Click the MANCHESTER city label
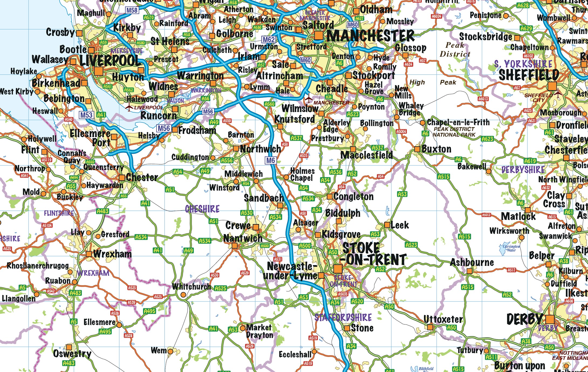370,36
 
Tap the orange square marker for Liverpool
99,71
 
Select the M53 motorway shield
86,115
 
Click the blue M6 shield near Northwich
270,160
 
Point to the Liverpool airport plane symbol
130,107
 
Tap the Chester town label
142,177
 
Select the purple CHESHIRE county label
202,209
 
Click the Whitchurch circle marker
183,295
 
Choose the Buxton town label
436,149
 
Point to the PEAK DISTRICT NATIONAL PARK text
454,132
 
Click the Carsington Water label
511,248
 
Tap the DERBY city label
525,319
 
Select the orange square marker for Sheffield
552,86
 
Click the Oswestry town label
72,354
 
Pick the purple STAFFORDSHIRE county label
343,317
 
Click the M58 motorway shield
132,10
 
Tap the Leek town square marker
387,225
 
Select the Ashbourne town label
472,262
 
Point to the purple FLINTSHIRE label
59,213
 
